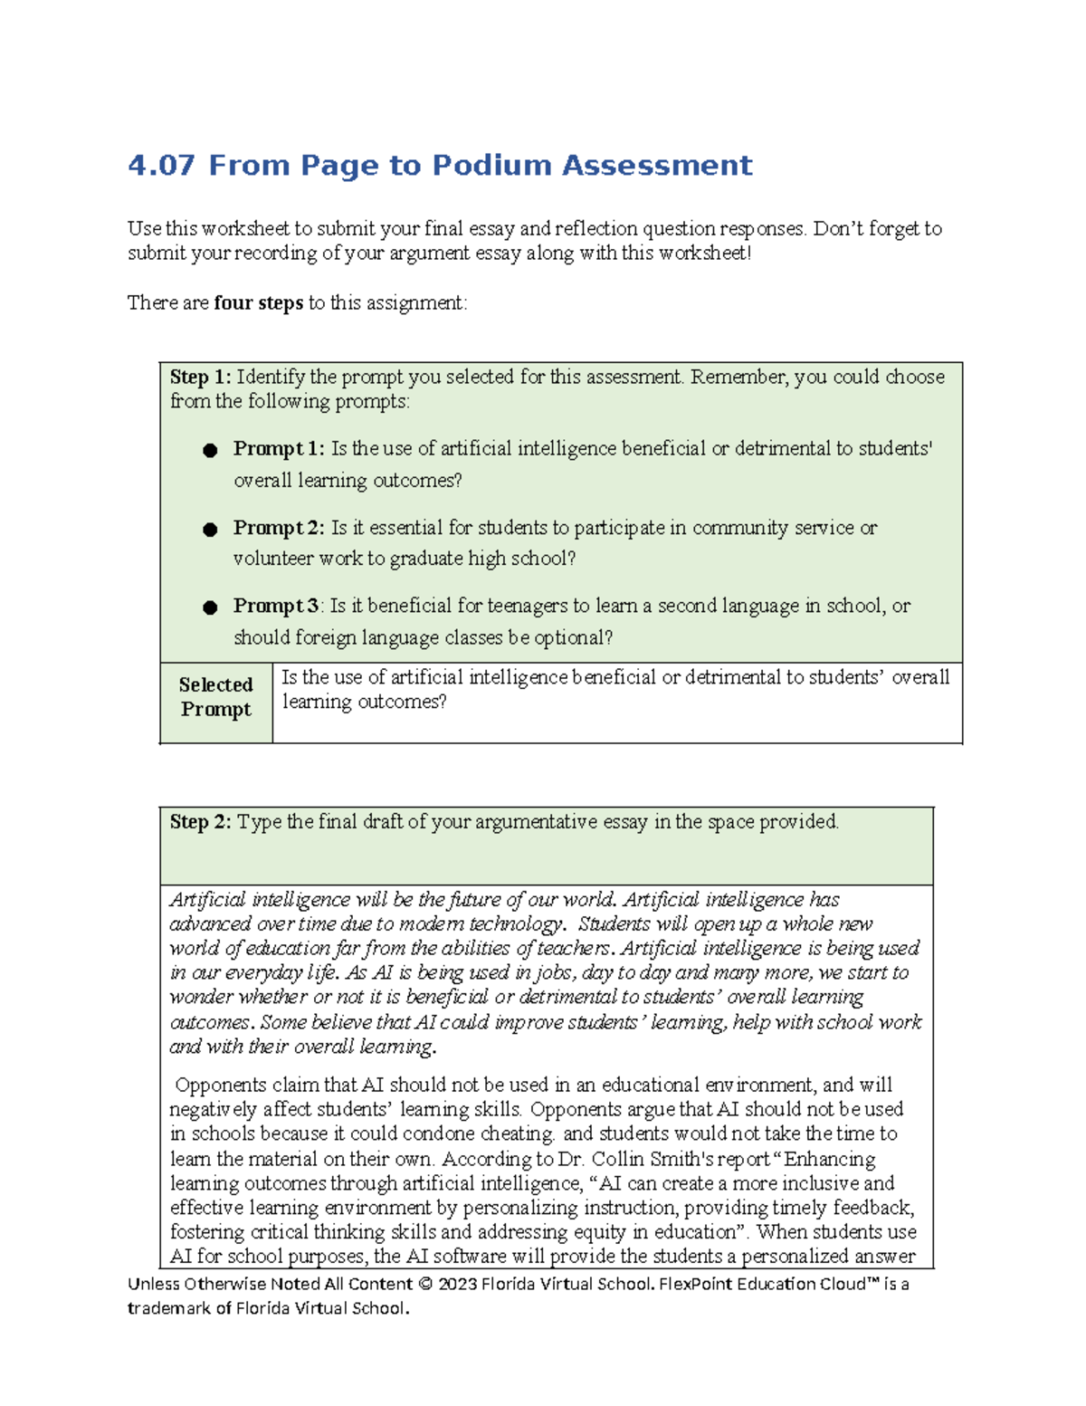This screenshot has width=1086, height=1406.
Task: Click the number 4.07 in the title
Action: pos(161,166)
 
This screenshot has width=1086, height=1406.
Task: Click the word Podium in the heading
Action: pos(491,166)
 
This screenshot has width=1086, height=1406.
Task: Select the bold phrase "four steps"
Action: pos(258,303)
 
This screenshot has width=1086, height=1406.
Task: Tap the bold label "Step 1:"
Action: pos(200,377)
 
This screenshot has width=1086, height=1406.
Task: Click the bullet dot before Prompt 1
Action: pos(210,450)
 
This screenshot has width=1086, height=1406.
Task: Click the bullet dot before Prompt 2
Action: pos(210,530)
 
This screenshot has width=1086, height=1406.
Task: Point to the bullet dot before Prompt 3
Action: pos(210,607)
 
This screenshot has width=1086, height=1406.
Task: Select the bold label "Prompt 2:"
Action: pos(279,528)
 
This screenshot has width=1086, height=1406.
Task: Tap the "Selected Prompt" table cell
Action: pos(215,697)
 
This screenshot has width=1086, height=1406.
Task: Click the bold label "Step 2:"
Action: pos(200,822)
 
